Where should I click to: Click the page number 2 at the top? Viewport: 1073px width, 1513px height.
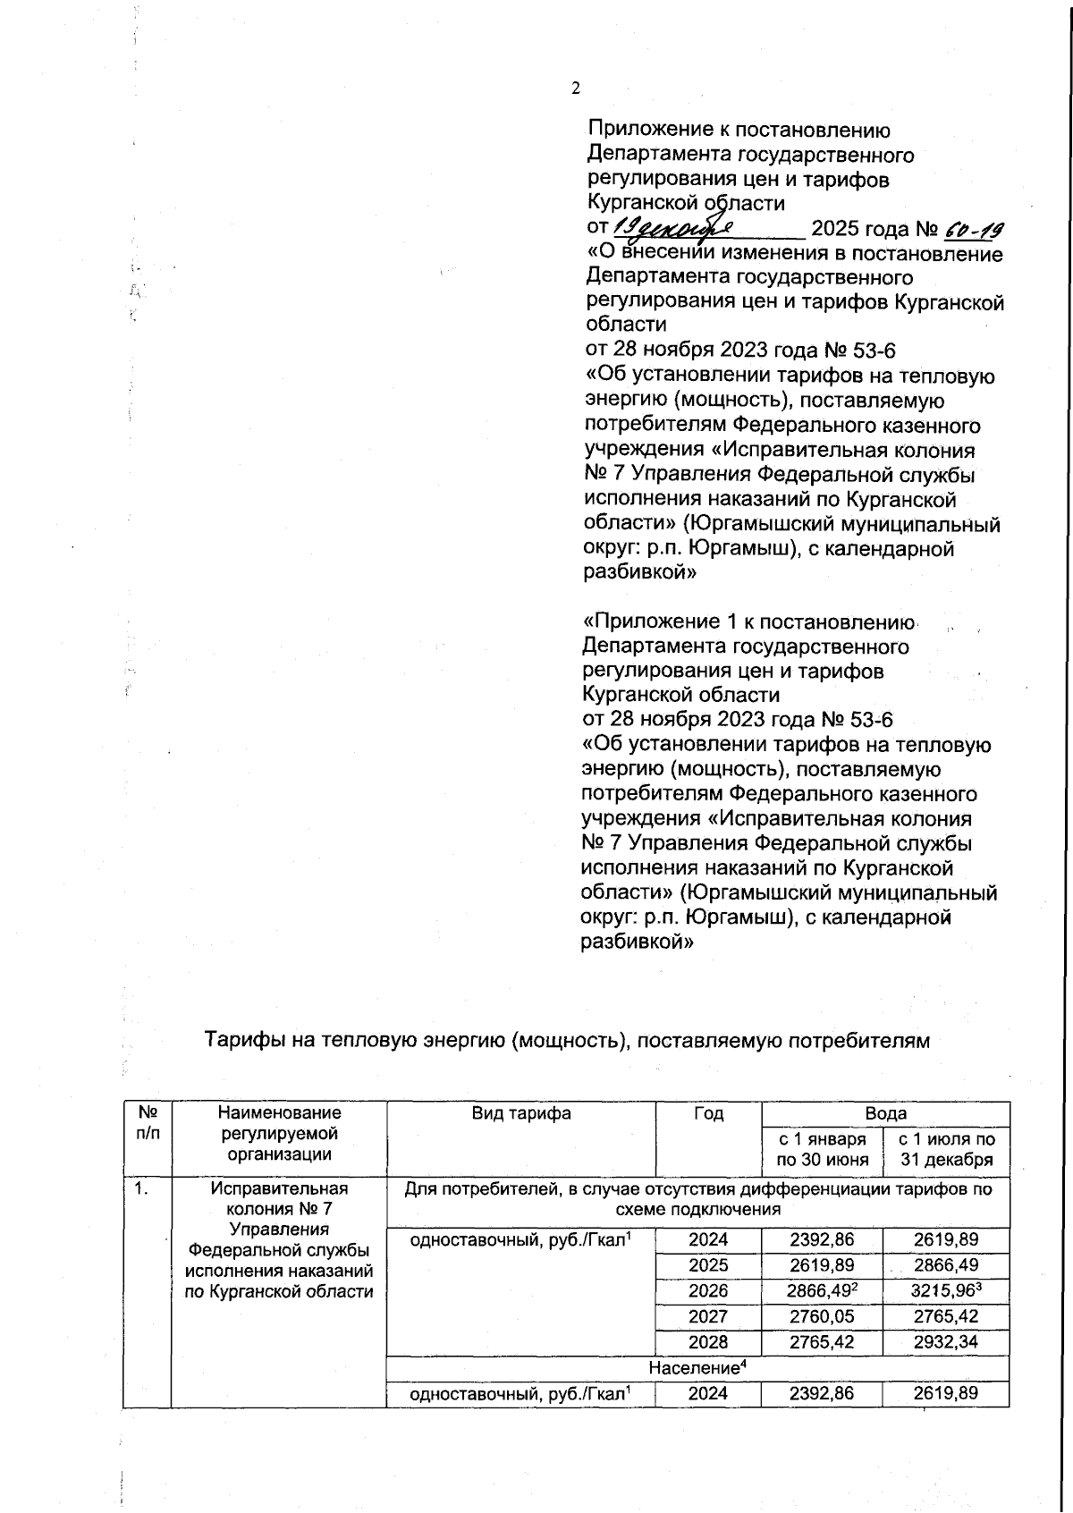point(576,88)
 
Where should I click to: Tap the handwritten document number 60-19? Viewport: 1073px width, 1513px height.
point(961,231)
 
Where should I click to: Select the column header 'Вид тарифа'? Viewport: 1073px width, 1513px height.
point(520,1113)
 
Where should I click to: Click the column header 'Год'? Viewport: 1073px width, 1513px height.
point(707,1113)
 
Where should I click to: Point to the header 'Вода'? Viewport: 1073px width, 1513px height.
point(884,1113)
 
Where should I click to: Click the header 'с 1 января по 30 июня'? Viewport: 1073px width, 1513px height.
point(821,1150)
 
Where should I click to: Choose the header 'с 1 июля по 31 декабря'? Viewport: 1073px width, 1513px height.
point(946,1150)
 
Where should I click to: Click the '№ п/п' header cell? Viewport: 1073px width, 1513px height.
point(147,1123)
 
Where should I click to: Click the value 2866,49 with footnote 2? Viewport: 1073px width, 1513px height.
point(821,1290)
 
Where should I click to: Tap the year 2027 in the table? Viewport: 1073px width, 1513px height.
point(707,1316)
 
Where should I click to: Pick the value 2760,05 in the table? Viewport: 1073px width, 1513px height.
point(821,1316)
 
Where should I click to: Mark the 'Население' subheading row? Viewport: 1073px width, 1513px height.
point(697,1368)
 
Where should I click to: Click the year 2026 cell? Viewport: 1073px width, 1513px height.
point(707,1290)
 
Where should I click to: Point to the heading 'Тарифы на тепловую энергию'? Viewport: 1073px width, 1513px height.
point(568,1040)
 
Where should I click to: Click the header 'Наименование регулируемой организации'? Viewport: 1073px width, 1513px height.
point(279,1133)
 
